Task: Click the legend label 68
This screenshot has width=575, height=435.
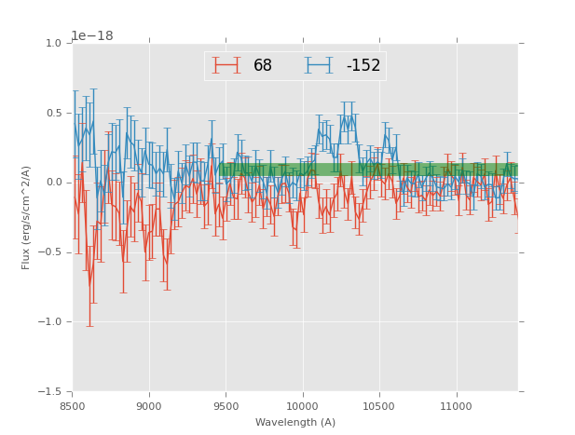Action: (x=263, y=66)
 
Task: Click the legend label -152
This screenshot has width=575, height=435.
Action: (x=363, y=66)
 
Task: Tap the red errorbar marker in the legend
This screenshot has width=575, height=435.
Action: (x=226, y=65)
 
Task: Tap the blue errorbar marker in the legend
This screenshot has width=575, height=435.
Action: (x=320, y=65)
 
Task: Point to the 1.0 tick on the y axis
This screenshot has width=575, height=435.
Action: (x=53, y=44)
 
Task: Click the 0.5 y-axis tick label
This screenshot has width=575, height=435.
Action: (x=53, y=114)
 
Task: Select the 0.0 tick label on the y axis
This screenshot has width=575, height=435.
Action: (x=53, y=183)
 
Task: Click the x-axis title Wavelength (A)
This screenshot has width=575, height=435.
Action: (x=295, y=422)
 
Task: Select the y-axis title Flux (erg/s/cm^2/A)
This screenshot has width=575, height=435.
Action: (x=27, y=218)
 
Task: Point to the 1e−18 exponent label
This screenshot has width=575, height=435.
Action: (x=92, y=36)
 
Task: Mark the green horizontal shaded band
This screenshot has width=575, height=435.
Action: (x=368, y=170)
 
